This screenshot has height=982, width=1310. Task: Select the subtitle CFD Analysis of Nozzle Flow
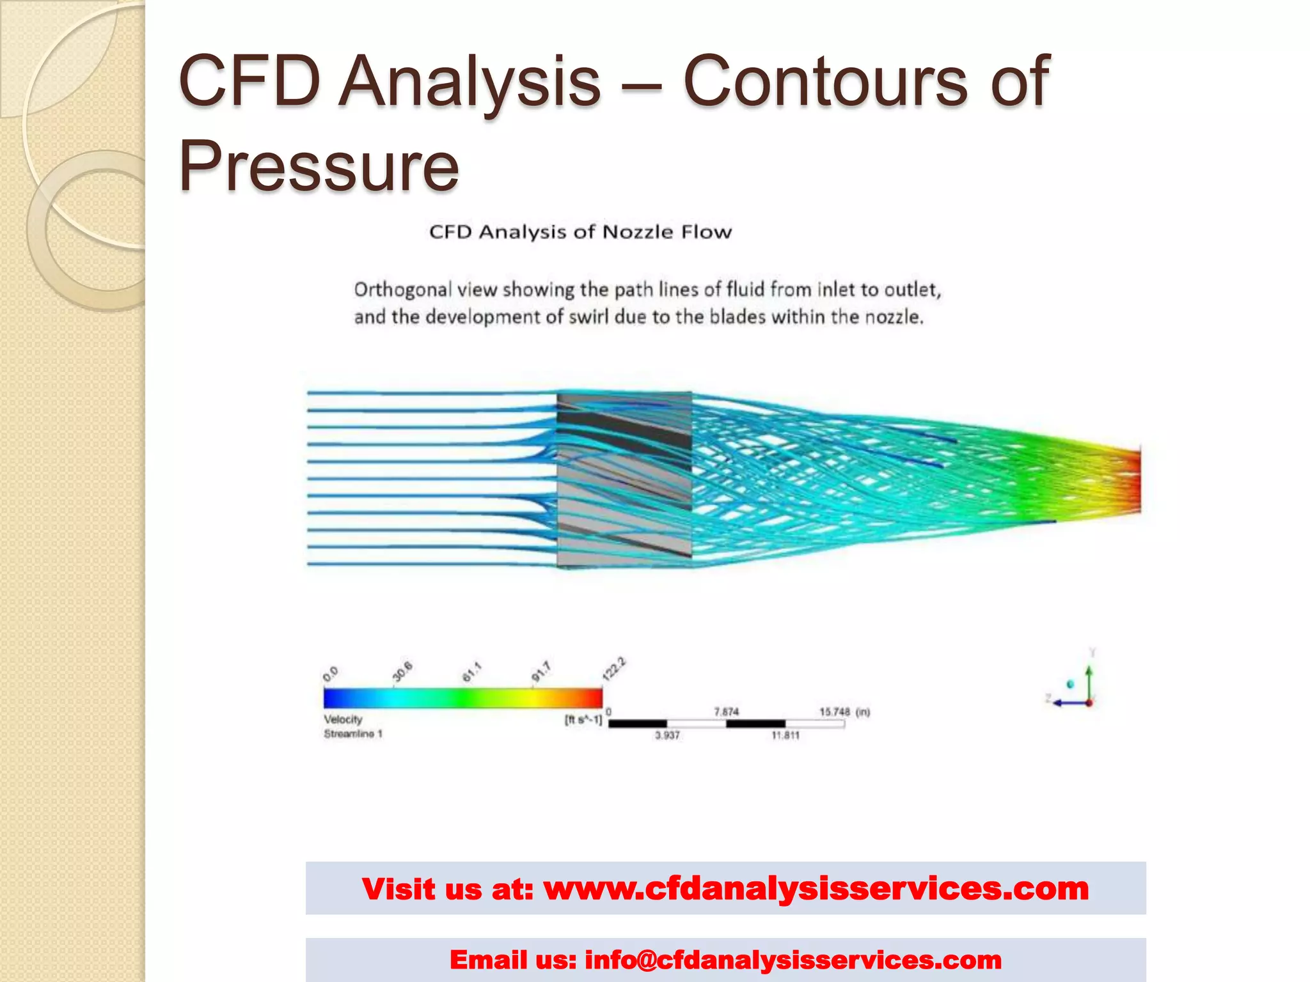coord(580,231)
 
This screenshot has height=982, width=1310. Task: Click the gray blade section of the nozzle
coord(624,479)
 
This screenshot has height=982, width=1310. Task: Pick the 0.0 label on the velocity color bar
coord(331,674)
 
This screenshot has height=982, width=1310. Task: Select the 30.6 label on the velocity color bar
coord(402,671)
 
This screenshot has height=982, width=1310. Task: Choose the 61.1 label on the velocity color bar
coord(472,672)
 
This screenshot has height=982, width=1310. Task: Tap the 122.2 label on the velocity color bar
coord(613,668)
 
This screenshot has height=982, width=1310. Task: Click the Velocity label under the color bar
coord(343,719)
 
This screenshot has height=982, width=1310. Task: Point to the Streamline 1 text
coord(352,734)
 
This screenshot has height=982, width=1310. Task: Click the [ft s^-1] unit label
coord(583,720)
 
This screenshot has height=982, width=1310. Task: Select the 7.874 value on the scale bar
coord(726,712)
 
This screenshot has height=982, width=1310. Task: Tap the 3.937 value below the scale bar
coord(667,735)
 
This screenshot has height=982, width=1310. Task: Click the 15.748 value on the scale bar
coord(835,712)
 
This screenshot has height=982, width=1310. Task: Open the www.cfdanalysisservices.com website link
coord(816,889)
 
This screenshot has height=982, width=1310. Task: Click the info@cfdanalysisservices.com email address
coord(793,960)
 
